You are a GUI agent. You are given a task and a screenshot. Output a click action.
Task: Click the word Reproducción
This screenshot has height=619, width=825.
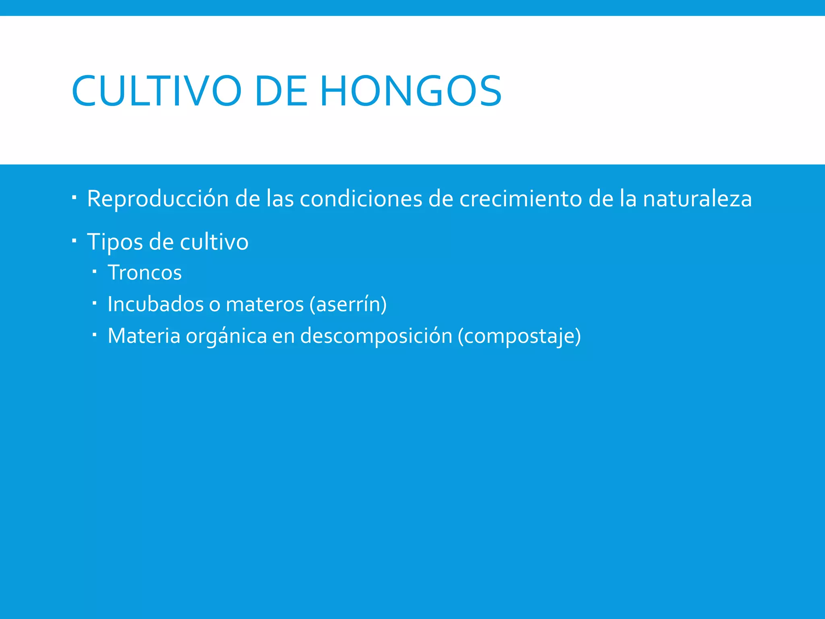tap(158, 199)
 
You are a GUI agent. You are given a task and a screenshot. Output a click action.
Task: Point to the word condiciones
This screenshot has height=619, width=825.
tap(361, 199)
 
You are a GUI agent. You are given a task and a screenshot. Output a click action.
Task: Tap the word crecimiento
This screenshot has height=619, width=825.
tap(520, 199)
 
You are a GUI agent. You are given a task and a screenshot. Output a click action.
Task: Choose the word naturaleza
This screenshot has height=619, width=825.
tap(697, 199)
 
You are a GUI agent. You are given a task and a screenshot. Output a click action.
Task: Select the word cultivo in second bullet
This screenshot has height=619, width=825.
tap(214, 242)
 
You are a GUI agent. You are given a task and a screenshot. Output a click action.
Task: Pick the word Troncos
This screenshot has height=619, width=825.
tap(145, 273)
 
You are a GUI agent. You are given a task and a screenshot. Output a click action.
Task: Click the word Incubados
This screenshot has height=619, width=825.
tap(155, 304)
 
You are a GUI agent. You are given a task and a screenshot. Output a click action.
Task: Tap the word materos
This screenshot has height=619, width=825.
tap(265, 304)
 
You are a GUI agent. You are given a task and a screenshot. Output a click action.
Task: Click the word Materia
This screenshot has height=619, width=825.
tap(144, 336)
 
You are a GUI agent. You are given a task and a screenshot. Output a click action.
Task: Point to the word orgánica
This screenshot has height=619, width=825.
tap(226, 336)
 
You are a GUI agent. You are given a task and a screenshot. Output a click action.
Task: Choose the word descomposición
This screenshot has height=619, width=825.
tap(376, 336)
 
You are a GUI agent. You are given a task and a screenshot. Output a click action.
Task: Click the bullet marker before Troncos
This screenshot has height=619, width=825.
tap(94, 271)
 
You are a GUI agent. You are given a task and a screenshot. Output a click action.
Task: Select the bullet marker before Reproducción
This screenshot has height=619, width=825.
tap(74, 197)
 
